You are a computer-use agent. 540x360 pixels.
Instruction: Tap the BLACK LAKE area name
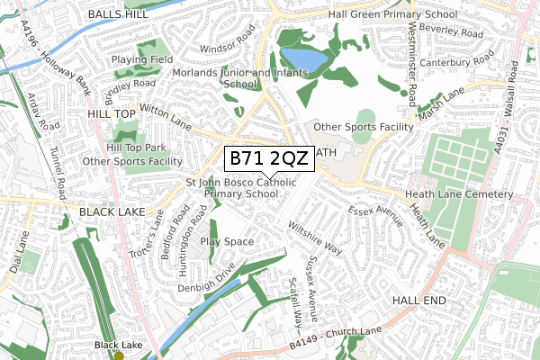[x=118, y=211]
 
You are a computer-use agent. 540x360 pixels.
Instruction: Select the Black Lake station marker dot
[x=119, y=355]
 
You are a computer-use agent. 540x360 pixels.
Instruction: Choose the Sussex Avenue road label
[x=312, y=292]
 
